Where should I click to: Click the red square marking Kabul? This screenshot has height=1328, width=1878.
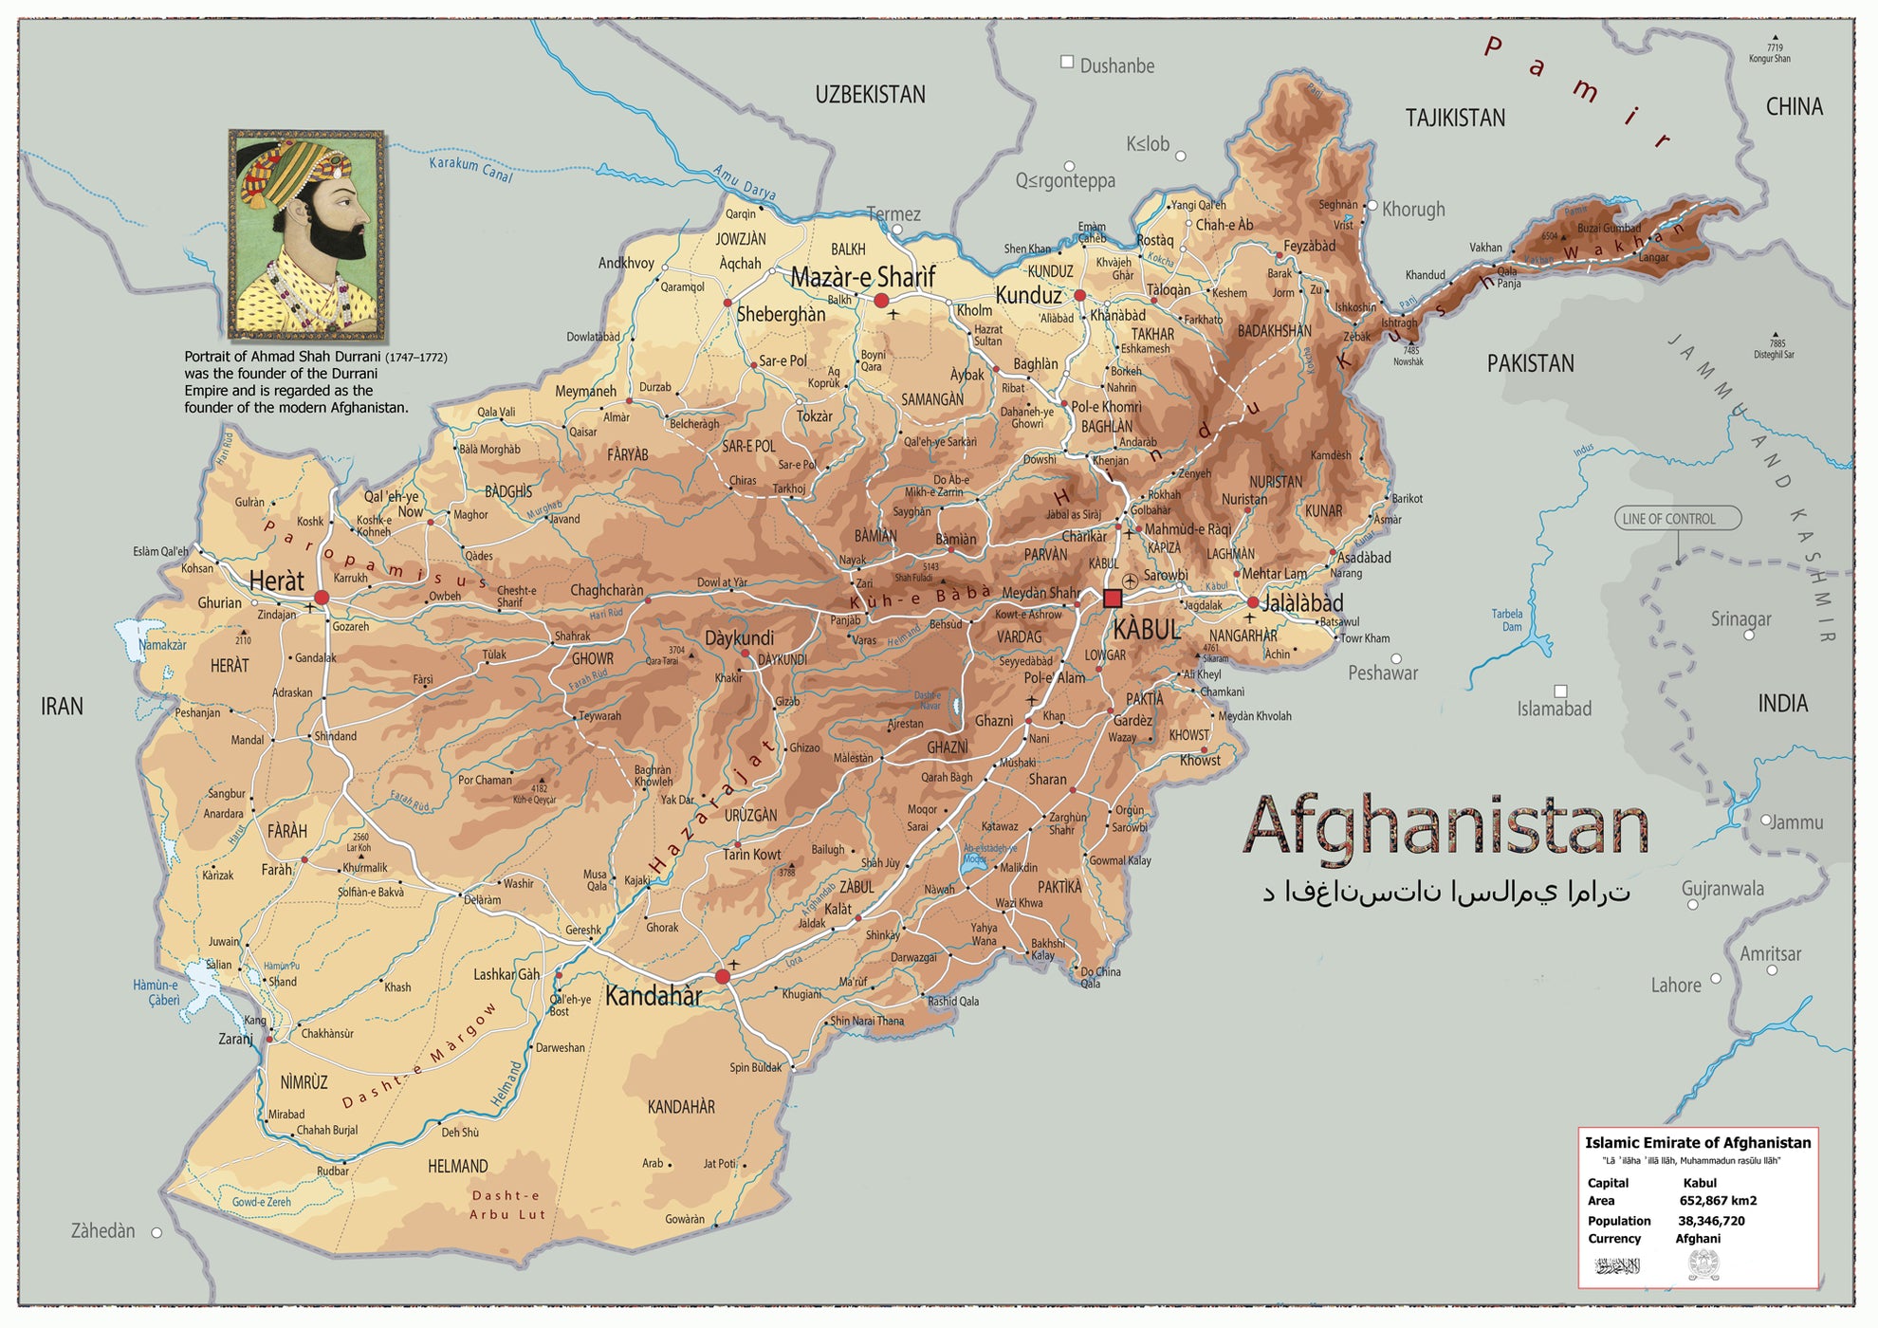point(1113,599)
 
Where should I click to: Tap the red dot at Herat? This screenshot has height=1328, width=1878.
point(322,598)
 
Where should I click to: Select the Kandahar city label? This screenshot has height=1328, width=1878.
point(654,996)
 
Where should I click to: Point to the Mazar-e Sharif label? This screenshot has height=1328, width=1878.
point(862,277)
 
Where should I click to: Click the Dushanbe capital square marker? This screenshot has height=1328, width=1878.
point(1067,62)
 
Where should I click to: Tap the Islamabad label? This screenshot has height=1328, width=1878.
point(1554,709)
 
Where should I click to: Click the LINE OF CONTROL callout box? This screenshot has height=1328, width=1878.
point(1677,519)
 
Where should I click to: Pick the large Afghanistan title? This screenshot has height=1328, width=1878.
point(1445,826)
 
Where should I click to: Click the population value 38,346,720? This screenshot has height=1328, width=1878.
point(1711,1221)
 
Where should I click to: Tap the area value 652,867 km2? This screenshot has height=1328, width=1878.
point(1718,1201)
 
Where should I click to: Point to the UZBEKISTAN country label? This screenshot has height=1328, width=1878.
point(870,95)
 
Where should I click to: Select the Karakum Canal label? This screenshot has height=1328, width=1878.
point(470,169)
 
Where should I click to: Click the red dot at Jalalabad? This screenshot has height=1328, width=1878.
point(1253,602)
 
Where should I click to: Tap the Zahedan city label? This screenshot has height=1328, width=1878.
point(102,1231)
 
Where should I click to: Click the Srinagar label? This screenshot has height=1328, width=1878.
point(1740,618)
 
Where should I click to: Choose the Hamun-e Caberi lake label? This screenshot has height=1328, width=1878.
point(156,992)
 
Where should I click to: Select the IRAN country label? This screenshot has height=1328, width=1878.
point(62,706)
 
